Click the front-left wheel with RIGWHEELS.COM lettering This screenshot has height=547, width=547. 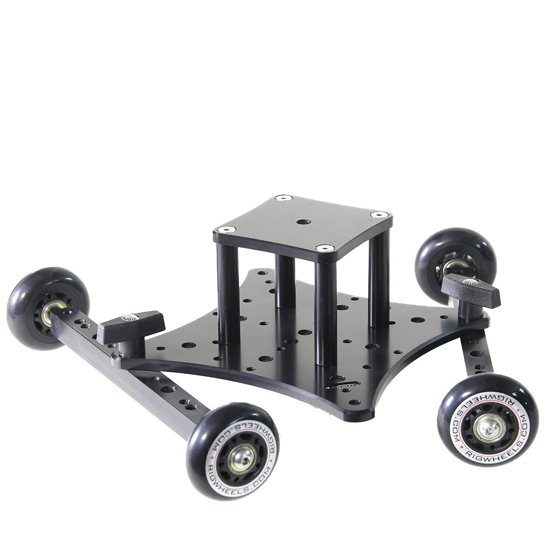[232, 451]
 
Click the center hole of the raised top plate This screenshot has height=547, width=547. [304, 222]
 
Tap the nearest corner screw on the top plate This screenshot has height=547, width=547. [325, 248]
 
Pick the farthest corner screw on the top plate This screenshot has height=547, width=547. [284, 198]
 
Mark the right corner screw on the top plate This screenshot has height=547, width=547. [379, 215]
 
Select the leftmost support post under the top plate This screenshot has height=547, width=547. [228, 294]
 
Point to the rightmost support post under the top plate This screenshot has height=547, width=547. [379, 279]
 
